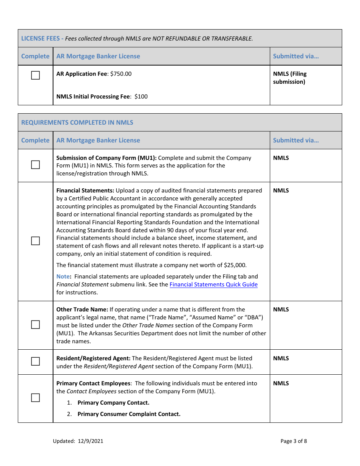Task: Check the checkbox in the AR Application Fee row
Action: [35, 75]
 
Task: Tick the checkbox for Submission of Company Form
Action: [35, 165]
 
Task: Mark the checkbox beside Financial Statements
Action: [35, 241]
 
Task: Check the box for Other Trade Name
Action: [35, 325]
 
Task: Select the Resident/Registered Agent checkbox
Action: [35, 361]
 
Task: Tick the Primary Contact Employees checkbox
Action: [35, 398]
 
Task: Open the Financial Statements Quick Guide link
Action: [213, 285]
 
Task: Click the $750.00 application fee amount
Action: [121, 74]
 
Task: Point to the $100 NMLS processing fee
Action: [141, 97]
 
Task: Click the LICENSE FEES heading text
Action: [40, 38]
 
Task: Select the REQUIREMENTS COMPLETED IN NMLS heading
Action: [77, 122]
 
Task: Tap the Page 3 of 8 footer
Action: [294, 441]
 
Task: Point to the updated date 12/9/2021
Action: [91, 441]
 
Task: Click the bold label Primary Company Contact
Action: [113, 403]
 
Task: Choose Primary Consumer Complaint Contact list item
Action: [129, 414]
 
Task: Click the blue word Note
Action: [63, 277]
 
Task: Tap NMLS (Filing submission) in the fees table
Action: [290, 78]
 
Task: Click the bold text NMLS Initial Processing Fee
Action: [93, 97]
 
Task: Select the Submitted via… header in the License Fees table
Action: [296, 56]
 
